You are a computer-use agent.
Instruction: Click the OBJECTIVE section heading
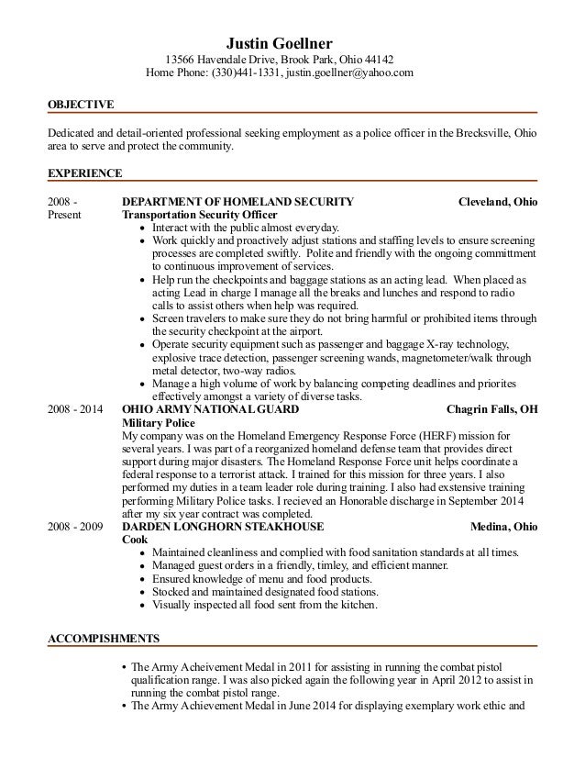(81, 105)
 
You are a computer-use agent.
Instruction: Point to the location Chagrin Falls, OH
(491, 408)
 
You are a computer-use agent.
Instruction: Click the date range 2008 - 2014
(77, 408)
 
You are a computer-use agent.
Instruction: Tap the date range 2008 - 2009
(77, 527)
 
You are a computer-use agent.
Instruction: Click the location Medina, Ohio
(504, 527)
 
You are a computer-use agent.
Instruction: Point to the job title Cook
(135, 540)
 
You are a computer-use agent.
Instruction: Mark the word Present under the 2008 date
(64, 215)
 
